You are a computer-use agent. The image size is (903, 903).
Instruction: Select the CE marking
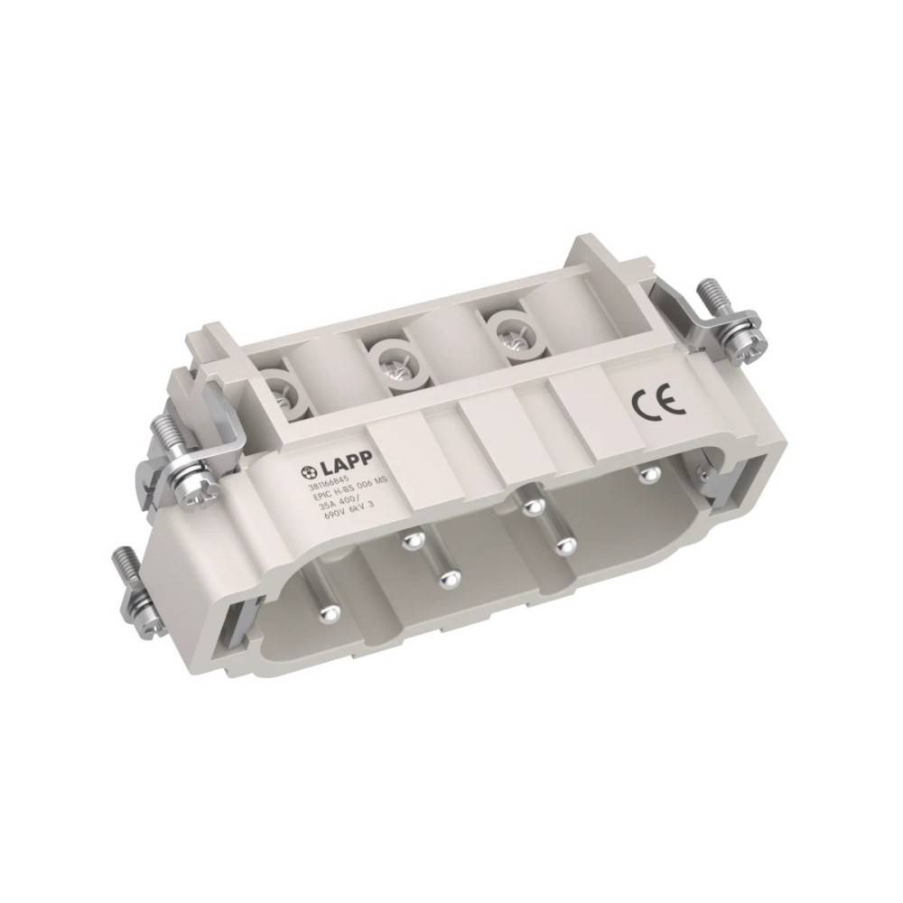tap(645, 403)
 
